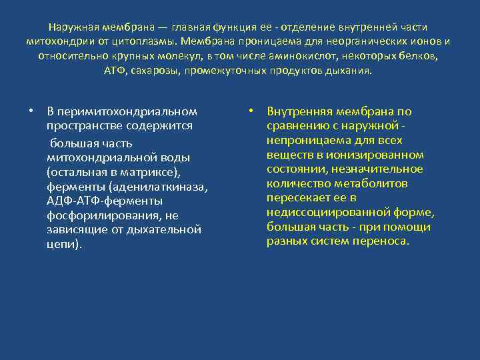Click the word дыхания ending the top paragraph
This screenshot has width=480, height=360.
click(x=352, y=71)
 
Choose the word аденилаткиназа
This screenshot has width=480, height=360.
click(x=159, y=186)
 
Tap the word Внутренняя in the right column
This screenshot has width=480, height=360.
click(x=297, y=111)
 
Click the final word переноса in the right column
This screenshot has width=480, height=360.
click(x=383, y=241)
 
